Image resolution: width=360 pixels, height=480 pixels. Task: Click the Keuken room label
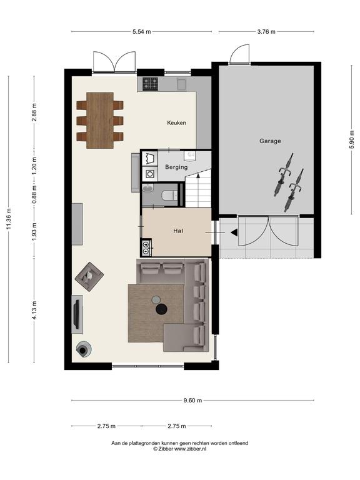[x=176, y=122]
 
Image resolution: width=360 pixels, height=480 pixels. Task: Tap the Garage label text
[x=270, y=141]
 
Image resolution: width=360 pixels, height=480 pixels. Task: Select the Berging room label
[x=176, y=167]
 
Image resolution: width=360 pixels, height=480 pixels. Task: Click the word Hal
[x=178, y=231]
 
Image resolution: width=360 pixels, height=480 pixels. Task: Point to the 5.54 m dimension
[x=142, y=31]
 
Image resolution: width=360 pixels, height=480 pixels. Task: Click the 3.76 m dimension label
[x=266, y=31]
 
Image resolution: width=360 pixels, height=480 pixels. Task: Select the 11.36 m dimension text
[x=9, y=219]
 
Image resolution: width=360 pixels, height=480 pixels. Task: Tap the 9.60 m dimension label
[x=192, y=401]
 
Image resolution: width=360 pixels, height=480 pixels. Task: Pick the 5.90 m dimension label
[x=351, y=139]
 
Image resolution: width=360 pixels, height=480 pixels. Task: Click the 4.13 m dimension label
[x=34, y=310]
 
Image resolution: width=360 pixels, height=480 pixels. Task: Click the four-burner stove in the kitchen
[x=151, y=84]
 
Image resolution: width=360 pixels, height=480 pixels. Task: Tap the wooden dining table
[x=100, y=120]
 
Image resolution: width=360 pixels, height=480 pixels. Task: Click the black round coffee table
[x=161, y=309]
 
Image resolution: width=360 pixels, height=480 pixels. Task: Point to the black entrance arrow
[x=234, y=233]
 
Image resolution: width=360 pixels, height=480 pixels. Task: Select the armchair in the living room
[x=89, y=276]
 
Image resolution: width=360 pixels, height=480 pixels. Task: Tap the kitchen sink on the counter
[x=182, y=84]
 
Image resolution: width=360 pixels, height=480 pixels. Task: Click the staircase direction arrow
[x=198, y=176]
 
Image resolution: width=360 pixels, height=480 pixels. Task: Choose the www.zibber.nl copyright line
[x=180, y=449]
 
